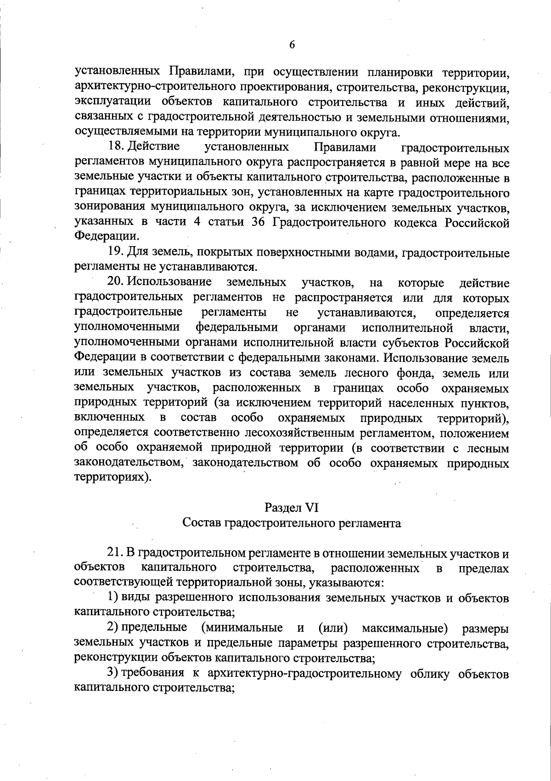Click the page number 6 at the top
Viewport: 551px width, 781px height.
point(292,45)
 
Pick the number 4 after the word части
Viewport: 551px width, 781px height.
point(196,223)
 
